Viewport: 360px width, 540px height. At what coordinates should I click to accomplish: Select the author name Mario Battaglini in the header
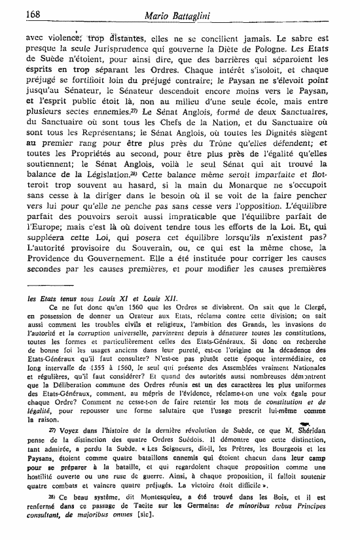209,13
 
